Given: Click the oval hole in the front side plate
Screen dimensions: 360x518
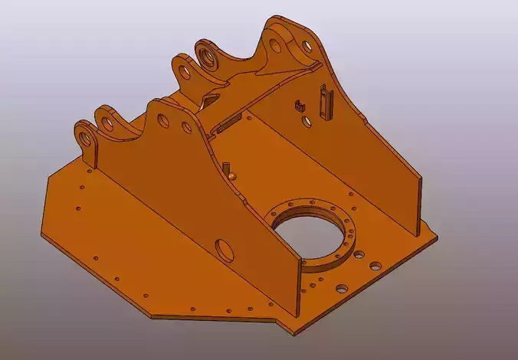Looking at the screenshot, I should tap(225, 249).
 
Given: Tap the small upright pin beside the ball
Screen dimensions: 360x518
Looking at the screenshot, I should tap(227, 166).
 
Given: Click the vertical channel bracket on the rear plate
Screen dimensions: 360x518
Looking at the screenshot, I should tap(327, 101).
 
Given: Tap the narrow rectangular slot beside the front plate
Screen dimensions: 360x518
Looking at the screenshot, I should tap(229, 122).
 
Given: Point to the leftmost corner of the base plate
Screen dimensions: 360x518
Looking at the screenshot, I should tap(41, 231).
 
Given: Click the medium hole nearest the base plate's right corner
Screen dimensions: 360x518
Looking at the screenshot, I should tap(375, 267).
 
